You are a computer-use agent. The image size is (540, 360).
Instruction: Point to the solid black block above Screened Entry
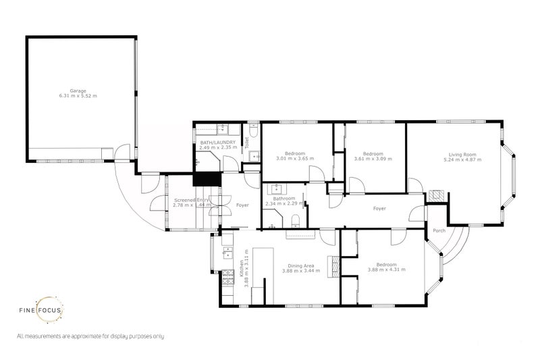207,179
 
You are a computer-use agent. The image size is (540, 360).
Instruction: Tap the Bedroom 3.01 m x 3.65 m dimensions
296,159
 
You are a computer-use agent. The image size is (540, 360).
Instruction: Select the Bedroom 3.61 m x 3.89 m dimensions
373,159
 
